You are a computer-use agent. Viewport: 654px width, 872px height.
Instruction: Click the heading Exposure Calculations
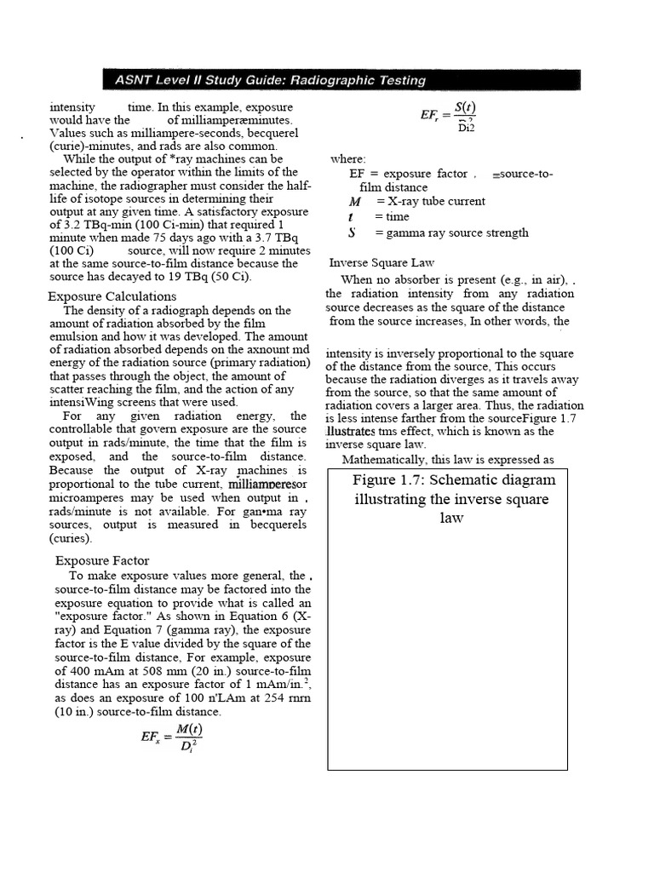tap(112, 296)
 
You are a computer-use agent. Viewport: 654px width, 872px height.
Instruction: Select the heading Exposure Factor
tap(102, 560)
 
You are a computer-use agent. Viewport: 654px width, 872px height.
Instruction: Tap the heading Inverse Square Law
tap(381, 263)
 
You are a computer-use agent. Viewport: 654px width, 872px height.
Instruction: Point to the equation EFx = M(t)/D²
tap(172, 738)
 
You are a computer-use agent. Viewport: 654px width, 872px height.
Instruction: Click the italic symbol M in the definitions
tap(355, 202)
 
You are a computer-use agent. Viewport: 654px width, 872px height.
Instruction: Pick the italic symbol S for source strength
tap(352, 232)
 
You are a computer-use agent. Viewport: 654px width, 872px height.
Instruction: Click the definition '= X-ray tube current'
tap(431, 202)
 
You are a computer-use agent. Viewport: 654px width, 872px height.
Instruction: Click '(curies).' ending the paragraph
tap(71, 539)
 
